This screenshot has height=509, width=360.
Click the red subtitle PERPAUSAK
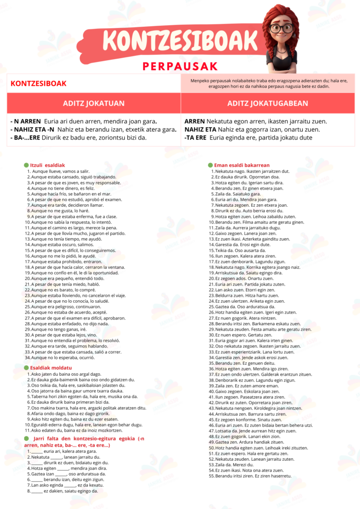coord(180,66)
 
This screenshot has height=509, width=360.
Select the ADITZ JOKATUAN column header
coord(93,103)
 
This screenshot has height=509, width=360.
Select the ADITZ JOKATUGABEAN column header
coord(268,103)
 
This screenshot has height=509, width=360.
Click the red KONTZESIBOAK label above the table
coord(38,84)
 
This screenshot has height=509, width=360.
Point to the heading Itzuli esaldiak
coord(48,165)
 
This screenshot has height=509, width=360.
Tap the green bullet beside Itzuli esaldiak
coord(26,165)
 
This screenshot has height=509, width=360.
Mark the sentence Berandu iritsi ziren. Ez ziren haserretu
coord(252,490)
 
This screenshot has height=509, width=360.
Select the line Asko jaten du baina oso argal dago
coord(66,374)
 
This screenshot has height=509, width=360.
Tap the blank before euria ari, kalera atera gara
coord(37,451)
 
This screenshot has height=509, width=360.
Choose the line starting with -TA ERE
coord(248,138)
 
